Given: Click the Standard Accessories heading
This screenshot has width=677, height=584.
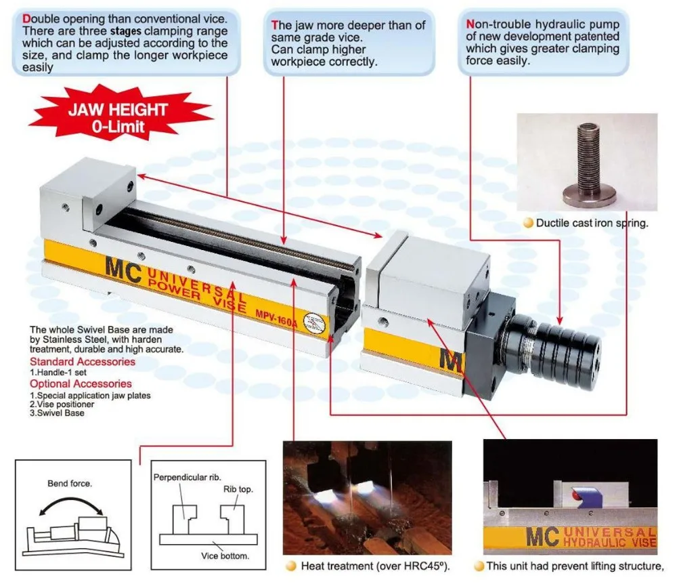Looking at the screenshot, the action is (83, 362).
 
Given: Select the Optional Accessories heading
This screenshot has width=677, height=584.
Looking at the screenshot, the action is (81, 383).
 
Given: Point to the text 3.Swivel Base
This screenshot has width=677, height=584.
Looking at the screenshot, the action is (57, 413).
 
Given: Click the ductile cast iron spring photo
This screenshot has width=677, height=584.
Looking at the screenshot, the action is (587, 162).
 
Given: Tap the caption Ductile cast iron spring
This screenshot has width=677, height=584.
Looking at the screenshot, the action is (592, 224).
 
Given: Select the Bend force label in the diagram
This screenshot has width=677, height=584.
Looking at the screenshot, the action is (70, 483).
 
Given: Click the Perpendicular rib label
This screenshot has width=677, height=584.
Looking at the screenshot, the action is (187, 478).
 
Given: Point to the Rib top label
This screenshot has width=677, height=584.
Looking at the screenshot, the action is (238, 489).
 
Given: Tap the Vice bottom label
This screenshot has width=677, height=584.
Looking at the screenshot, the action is (225, 556).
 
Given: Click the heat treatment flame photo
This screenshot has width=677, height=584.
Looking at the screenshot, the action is (368, 497).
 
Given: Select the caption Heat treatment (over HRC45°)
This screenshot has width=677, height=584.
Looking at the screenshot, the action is (375, 566).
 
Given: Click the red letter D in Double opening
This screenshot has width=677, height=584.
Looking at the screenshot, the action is (26, 19).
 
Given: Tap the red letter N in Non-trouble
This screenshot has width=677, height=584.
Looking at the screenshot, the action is (471, 24).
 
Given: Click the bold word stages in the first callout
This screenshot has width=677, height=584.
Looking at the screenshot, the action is (126, 32).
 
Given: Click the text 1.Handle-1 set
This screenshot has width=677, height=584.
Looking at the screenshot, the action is (58, 373).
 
